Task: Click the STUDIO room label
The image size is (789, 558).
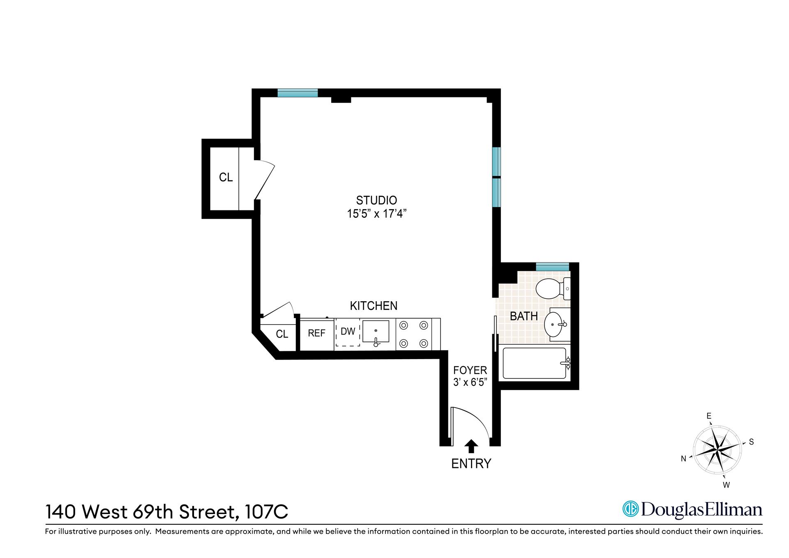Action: point(376,201)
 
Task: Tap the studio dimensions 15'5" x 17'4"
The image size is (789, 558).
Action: point(377,214)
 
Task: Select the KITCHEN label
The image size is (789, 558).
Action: point(374,306)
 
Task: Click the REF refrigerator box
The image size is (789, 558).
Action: point(317,334)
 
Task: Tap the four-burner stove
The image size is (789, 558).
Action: point(414,334)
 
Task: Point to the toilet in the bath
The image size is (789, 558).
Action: point(553,289)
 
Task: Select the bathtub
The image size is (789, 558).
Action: point(535,363)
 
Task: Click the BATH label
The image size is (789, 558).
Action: point(524,316)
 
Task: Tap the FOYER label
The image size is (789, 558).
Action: point(470,370)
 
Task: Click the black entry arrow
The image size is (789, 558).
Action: point(471,447)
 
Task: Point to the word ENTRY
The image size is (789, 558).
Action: point(471,464)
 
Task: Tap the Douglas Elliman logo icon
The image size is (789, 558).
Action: point(630,510)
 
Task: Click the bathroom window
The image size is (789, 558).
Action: point(553,267)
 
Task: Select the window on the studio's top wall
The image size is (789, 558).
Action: point(298,93)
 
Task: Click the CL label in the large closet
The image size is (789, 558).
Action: point(226,178)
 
